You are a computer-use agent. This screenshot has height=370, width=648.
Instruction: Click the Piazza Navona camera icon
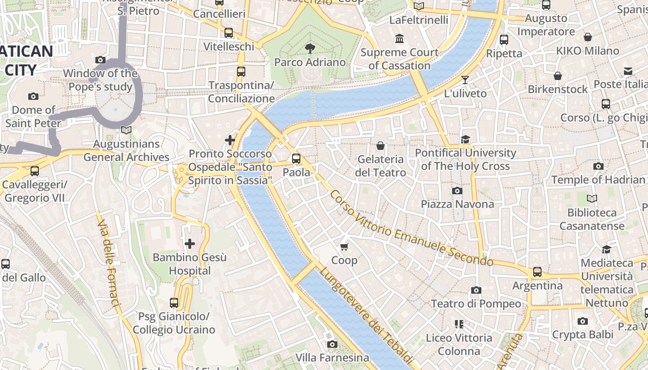(x=457, y=191)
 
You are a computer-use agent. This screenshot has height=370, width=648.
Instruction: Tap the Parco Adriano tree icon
(x=310, y=48)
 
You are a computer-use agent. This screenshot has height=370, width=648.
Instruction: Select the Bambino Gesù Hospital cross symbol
(x=190, y=244)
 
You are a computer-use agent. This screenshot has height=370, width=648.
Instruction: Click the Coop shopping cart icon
(x=344, y=247)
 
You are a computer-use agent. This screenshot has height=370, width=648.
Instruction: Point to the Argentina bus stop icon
(x=537, y=272)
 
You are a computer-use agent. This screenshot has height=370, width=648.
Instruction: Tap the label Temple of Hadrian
(x=598, y=179)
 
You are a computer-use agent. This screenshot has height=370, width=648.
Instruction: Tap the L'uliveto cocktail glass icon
(x=465, y=80)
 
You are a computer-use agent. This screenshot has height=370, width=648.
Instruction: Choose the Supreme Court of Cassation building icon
(x=399, y=38)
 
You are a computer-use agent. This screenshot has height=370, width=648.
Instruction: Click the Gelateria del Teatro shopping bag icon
(x=380, y=146)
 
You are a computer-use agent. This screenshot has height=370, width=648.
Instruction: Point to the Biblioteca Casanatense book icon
(x=592, y=199)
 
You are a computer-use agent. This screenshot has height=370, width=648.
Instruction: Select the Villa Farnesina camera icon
(x=332, y=344)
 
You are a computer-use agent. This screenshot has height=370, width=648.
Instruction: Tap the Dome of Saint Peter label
(x=33, y=117)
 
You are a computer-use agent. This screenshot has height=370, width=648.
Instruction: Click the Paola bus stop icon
(x=296, y=159)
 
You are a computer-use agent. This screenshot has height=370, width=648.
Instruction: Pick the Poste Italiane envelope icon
(x=628, y=71)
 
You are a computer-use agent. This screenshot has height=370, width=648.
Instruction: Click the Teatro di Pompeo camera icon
(x=476, y=290)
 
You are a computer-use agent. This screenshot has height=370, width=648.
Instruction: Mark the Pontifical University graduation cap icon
(x=465, y=139)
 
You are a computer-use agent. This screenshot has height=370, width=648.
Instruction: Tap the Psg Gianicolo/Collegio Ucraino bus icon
(x=174, y=303)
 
